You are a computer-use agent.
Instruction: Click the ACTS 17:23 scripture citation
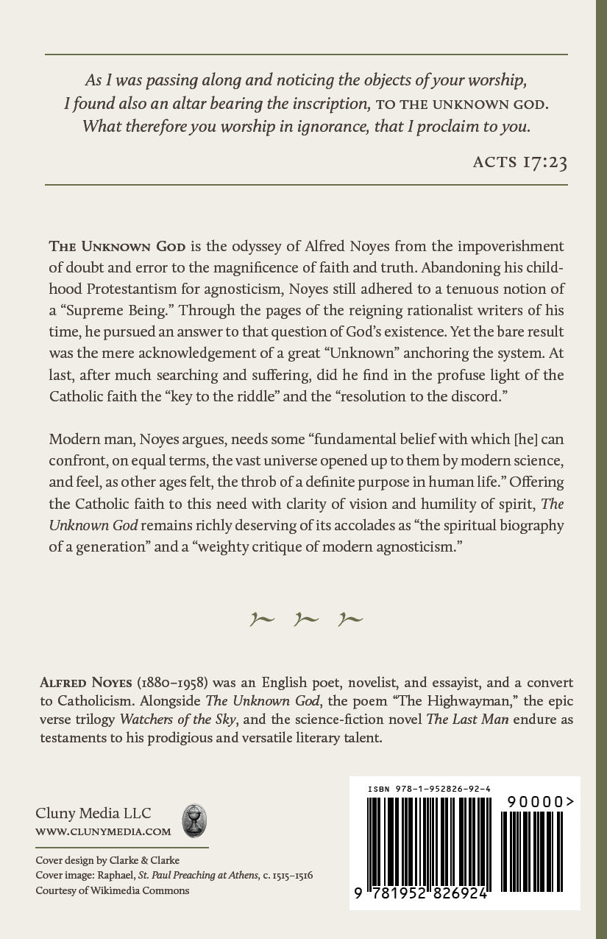519,162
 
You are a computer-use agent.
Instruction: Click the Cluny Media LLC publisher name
93,813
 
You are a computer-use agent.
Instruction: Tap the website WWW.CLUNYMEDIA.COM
103,831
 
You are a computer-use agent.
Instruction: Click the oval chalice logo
194,820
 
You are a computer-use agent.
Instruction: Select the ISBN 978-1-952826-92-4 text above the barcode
429,789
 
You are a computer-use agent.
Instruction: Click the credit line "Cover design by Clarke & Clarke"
107,860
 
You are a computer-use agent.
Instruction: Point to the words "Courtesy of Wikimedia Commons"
112,890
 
